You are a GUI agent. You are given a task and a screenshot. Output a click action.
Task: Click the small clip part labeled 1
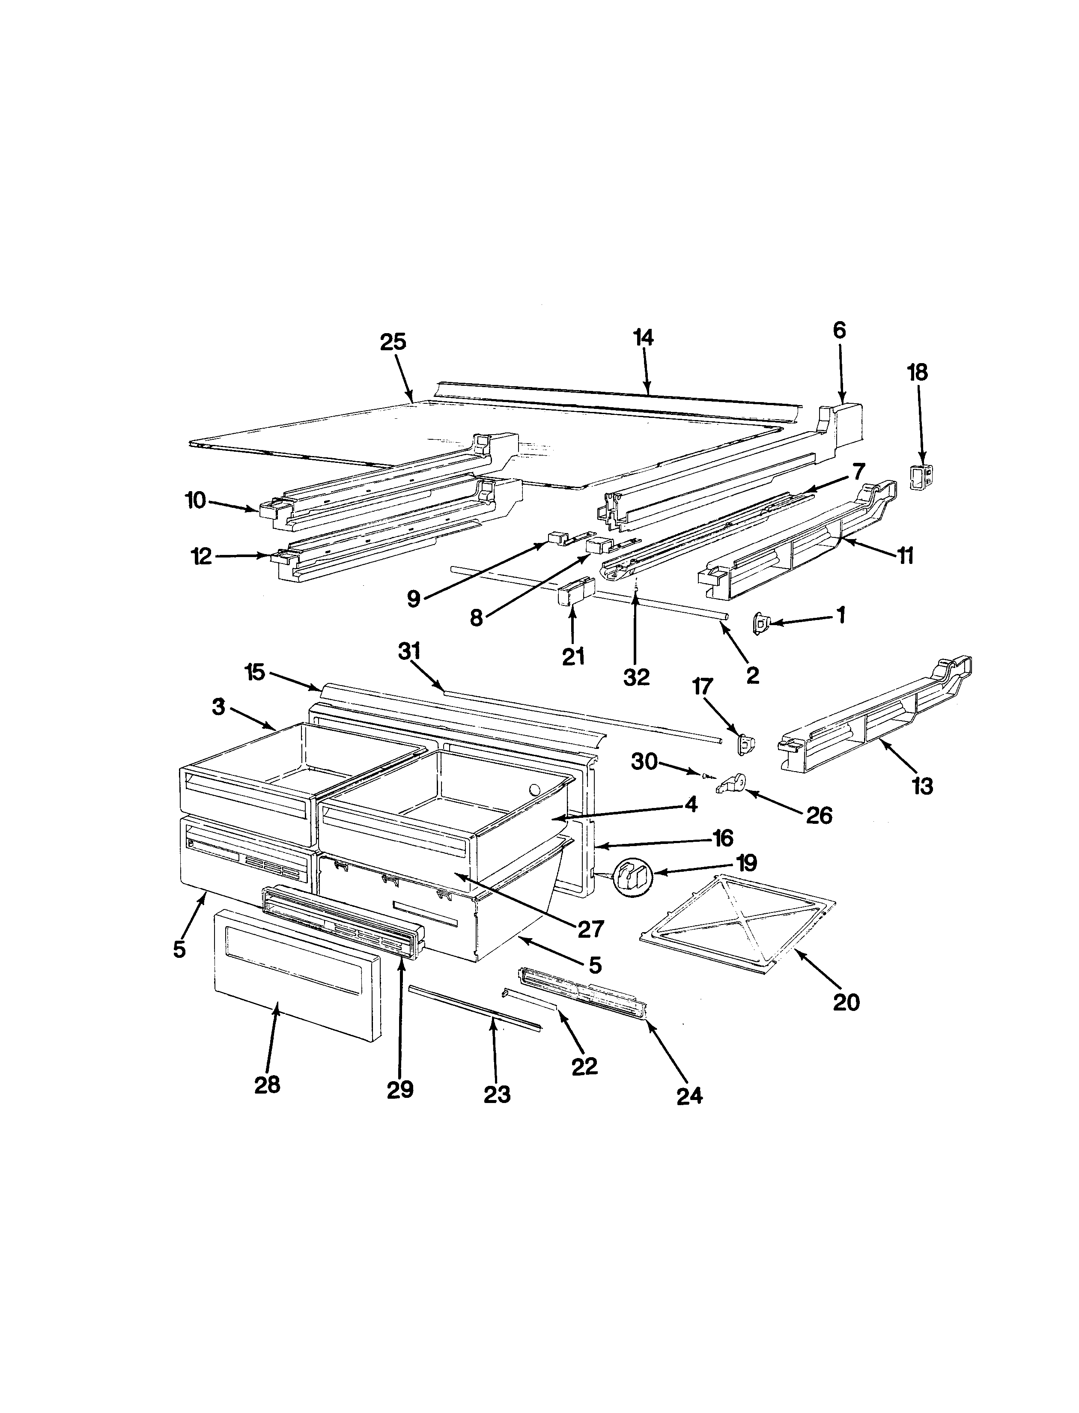tap(762, 623)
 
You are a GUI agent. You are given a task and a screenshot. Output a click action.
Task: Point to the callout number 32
tap(636, 677)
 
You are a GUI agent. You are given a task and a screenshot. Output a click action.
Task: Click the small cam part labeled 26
tap(732, 784)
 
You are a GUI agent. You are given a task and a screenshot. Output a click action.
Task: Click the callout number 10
tap(195, 500)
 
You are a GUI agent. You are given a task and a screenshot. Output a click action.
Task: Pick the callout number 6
tap(839, 331)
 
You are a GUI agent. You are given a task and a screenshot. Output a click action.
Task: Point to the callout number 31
tap(409, 651)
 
